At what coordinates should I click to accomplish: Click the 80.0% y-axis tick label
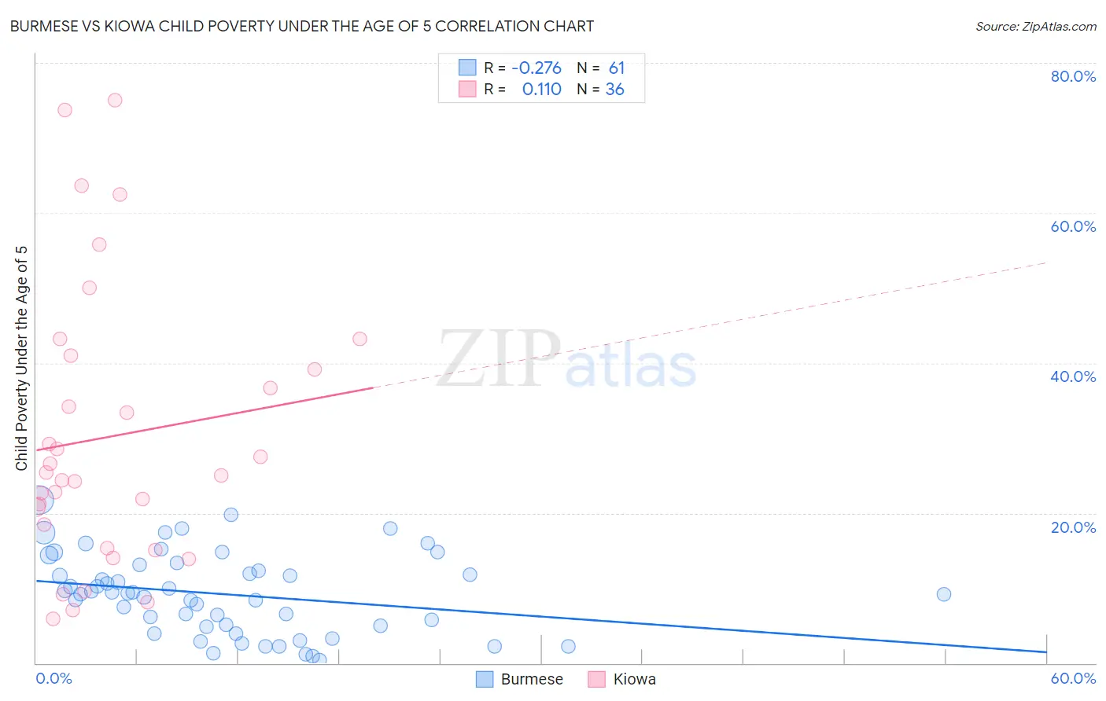click(1073, 76)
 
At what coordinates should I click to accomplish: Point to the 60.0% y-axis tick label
click(1073, 226)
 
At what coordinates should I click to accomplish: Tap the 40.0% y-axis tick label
click(1073, 376)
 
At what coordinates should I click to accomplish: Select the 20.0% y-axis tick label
click(1073, 527)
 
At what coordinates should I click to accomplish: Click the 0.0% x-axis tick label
click(53, 678)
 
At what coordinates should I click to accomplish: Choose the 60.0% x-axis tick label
click(1073, 678)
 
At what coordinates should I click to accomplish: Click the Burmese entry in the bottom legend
click(520, 679)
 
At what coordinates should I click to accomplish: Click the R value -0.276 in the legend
click(536, 68)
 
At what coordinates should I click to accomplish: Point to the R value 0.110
click(541, 90)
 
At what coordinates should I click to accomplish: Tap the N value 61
click(616, 68)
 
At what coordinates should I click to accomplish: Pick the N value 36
click(614, 90)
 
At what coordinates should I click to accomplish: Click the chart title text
click(302, 26)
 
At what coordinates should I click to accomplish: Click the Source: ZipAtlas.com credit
click(1035, 27)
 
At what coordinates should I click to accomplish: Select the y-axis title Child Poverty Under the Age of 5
click(22, 358)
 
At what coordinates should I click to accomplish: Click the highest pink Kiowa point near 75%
click(115, 100)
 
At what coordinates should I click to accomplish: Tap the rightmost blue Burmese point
click(944, 594)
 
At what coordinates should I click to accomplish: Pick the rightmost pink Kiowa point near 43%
click(359, 339)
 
